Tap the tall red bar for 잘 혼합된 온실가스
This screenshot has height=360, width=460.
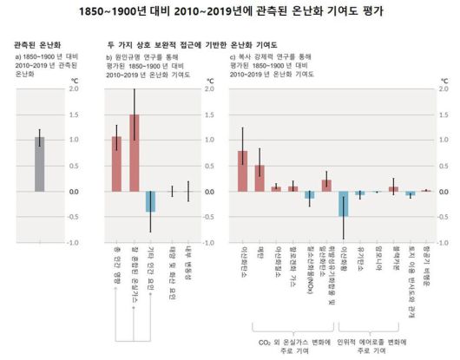pos(134,154)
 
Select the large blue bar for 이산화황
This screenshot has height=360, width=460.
pos(343,204)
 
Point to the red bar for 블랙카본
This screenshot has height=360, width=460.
pos(393,189)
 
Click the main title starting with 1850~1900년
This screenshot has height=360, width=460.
pos(229,11)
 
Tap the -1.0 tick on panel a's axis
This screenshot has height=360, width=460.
pos(75,244)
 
